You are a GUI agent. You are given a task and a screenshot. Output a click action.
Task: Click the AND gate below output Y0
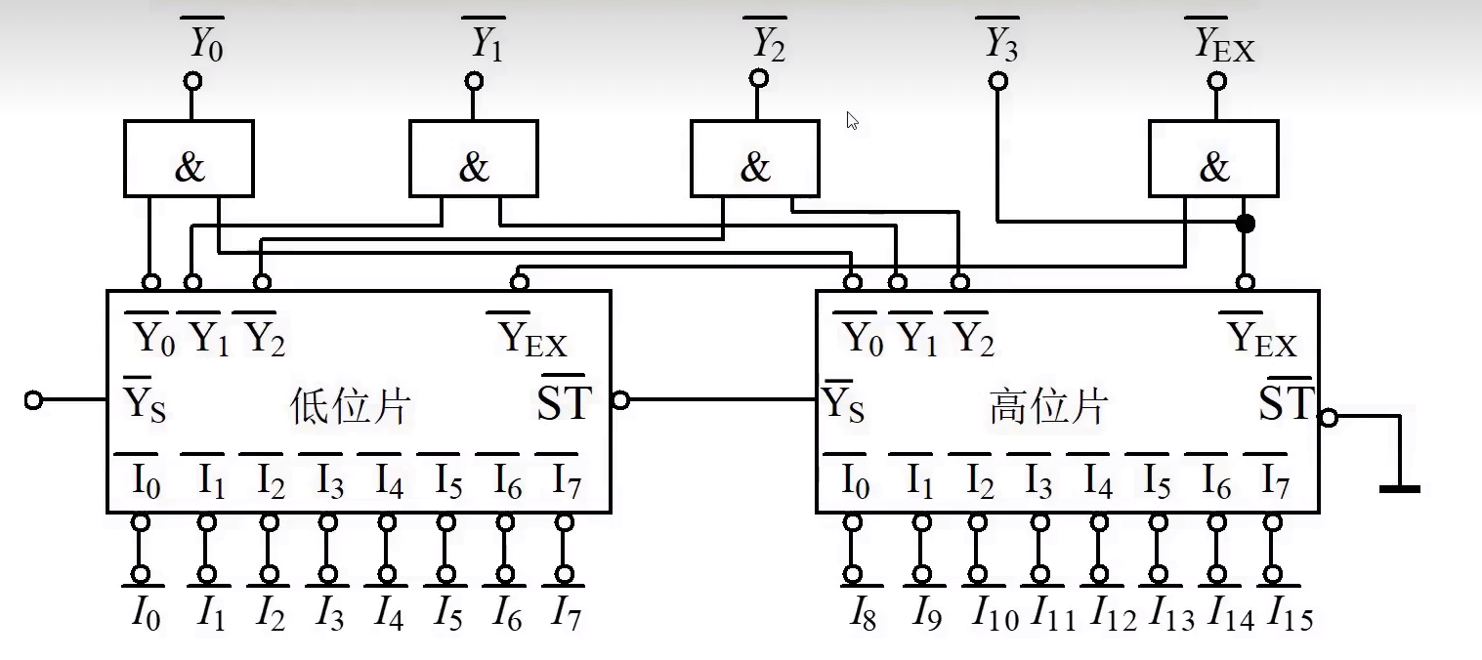[189, 158]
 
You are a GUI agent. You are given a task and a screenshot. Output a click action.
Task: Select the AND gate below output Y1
[473, 158]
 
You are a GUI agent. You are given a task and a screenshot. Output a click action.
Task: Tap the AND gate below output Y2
[755, 158]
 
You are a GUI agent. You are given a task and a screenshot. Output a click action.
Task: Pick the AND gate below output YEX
[1212, 158]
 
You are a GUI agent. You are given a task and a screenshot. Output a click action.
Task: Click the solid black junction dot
[1245, 224]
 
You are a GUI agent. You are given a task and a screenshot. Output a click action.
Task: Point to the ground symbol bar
[1399, 488]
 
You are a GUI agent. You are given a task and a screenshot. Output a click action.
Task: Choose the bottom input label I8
[861, 614]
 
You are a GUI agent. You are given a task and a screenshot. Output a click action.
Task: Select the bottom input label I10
[995, 614]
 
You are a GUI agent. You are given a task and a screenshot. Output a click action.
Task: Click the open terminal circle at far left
[34, 400]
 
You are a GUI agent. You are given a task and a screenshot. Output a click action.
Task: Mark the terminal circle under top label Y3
[997, 82]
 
